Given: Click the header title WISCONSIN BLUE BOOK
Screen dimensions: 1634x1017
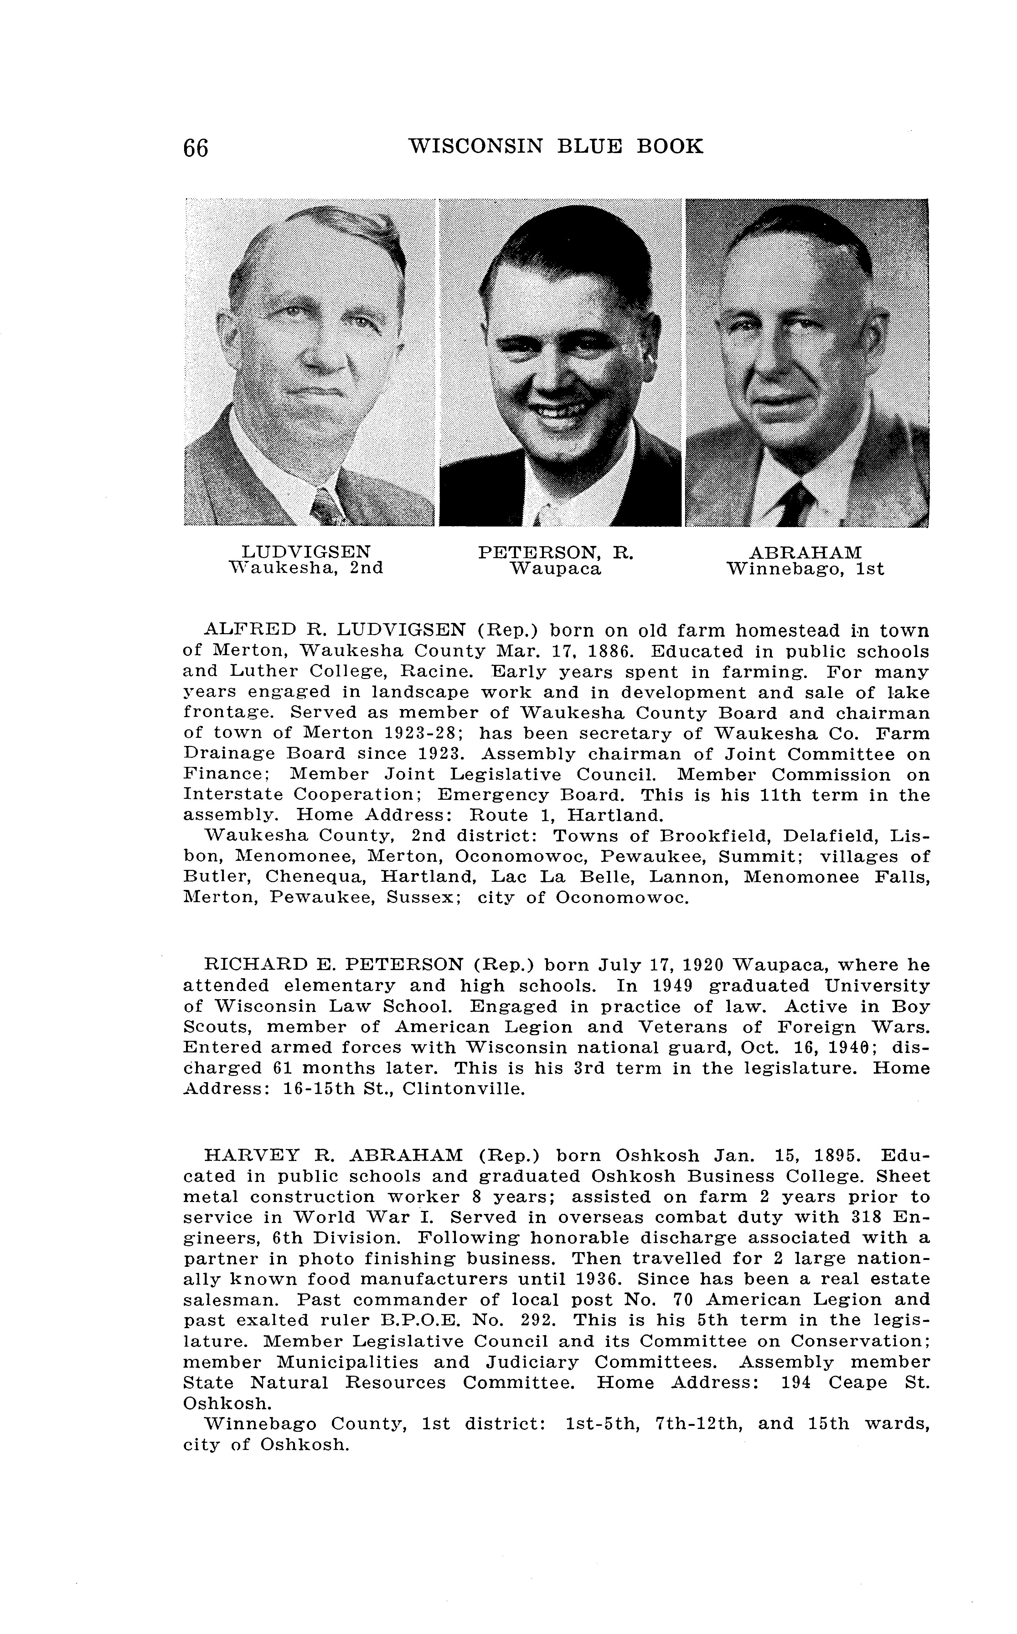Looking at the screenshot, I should click(555, 146).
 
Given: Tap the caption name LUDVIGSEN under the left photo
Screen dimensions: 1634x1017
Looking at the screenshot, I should click(306, 552).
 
